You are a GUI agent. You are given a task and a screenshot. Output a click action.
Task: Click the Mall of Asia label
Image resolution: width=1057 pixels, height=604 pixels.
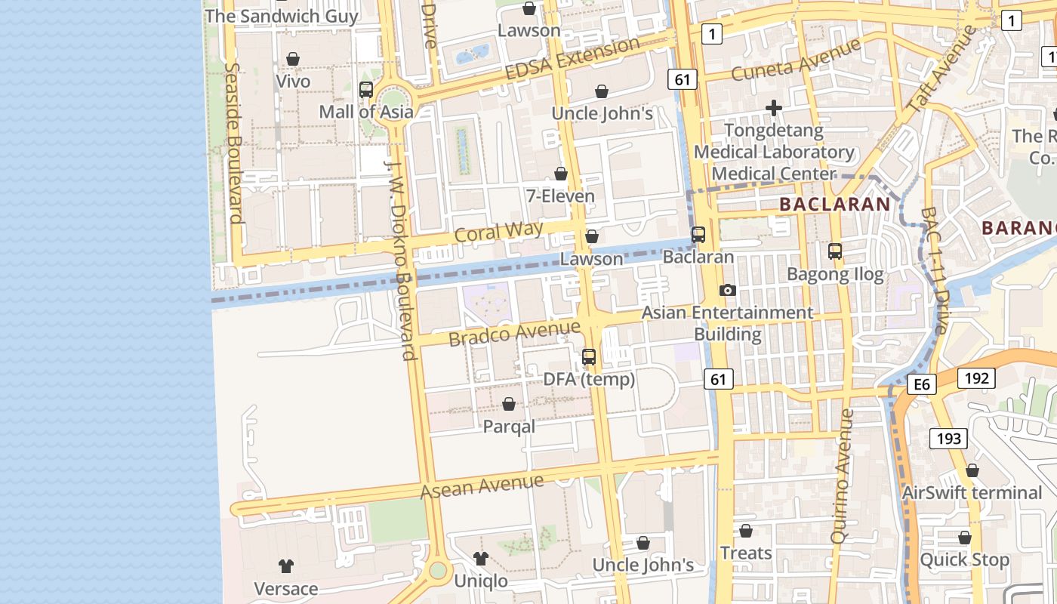pos(366,112)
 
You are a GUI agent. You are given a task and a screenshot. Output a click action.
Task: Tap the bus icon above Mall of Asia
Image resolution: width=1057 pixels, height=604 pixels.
pos(366,90)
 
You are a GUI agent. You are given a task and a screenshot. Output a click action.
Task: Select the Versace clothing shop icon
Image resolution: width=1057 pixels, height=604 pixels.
pos(285,565)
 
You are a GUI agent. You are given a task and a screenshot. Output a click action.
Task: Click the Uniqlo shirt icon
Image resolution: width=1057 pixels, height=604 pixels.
pos(481,559)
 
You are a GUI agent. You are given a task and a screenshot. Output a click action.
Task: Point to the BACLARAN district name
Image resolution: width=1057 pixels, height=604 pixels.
pos(835,204)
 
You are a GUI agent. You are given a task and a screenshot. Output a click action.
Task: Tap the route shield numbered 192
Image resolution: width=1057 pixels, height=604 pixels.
pos(976,377)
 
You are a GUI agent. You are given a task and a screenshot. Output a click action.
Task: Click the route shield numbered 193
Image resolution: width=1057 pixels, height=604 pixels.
pos(948,438)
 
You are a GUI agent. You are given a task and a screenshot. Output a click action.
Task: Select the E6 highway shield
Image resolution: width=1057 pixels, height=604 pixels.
pos(921,385)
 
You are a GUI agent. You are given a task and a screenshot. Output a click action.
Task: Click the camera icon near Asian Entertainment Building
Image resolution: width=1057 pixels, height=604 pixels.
pos(728,290)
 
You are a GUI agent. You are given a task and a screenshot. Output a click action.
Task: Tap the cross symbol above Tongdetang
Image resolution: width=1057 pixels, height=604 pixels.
pos(773,108)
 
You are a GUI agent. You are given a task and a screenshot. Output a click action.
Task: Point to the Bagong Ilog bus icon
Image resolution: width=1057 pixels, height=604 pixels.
pos(835,251)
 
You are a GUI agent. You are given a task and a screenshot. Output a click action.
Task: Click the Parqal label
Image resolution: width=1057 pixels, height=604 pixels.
pos(509,427)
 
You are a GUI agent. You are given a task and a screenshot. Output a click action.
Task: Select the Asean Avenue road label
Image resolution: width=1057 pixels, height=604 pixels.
pos(482,486)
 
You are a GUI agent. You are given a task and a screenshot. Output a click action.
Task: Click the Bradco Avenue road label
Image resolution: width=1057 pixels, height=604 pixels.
pos(514,333)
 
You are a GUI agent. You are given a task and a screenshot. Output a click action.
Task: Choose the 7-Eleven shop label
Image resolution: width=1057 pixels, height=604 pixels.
pos(560,196)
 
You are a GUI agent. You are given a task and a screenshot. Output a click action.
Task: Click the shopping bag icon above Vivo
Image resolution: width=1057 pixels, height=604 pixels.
pos(293,59)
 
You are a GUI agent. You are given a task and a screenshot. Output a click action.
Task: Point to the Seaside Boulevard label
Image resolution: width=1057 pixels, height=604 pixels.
pos(233,143)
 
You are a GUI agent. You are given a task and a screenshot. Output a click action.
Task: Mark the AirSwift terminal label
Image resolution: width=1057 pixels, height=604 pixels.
pos(972,493)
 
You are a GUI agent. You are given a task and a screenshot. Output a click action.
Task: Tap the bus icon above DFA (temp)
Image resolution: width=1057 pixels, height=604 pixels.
pos(589,357)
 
